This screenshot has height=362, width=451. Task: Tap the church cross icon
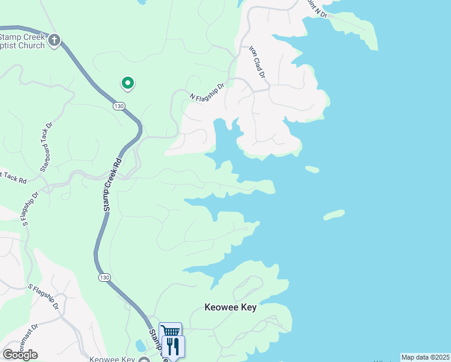pyautogui.click(x=54, y=40)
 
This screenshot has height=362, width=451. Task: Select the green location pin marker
pyautogui.click(x=127, y=83)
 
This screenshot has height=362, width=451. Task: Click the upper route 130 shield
pyautogui.click(x=119, y=106)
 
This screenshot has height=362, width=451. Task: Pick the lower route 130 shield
pyautogui.click(x=104, y=277)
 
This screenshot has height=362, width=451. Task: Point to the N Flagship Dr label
pyautogui.click(x=207, y=91)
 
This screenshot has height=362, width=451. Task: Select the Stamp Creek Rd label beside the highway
pyautogui.click(x=112, y=184)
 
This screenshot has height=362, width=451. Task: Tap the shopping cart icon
pyautogui.click(x=171, y=331)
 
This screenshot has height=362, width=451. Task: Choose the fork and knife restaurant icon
pyautogui.click(x=174, y=345)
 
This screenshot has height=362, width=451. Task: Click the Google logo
pyautogui.click(x=20, y=355)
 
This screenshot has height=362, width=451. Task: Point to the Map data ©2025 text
pyautogui.click(x=424, y=357)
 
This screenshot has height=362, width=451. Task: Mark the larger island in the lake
pyautogui.click(x=333, y=214)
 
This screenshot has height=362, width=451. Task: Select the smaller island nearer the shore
pyautogui.click(x=312, y=170)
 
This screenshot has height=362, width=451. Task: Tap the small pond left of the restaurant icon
pyautogui.click(x=140, y=346)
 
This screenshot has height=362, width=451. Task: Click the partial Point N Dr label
pyautogui.click(x=317, y=9)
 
